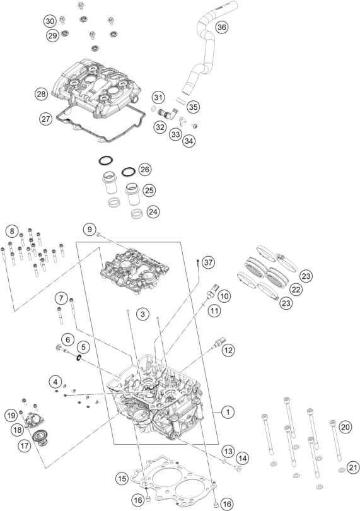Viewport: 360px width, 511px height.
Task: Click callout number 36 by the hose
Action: click(221, 26)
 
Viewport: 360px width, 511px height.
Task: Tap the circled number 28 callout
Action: click(42, 94)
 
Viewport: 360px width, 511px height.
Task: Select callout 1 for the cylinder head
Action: click(228, 412)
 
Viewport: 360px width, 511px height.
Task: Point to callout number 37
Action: click(209, 262)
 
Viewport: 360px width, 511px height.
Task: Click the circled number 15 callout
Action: click(122, 478)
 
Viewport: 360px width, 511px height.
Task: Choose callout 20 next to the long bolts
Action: click(345, 426)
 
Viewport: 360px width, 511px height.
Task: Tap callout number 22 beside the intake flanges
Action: click(296, 290)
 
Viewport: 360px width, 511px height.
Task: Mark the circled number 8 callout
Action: click(12, 232)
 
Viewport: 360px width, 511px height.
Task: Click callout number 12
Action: click(228, 350)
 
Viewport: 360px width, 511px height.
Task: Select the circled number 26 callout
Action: click(145, 169)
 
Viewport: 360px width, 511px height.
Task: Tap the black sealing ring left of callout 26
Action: click(128, 172)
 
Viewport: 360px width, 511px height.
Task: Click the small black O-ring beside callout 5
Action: click(79, 358)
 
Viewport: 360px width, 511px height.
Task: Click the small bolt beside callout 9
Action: click(98, 233)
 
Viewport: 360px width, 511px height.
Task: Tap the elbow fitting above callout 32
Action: click(166, 113)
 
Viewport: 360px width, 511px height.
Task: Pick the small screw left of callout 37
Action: click(197, 261)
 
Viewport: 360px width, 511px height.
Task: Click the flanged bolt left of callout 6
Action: click(62, 349)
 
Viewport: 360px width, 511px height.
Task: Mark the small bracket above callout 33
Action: click(183, 121)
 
